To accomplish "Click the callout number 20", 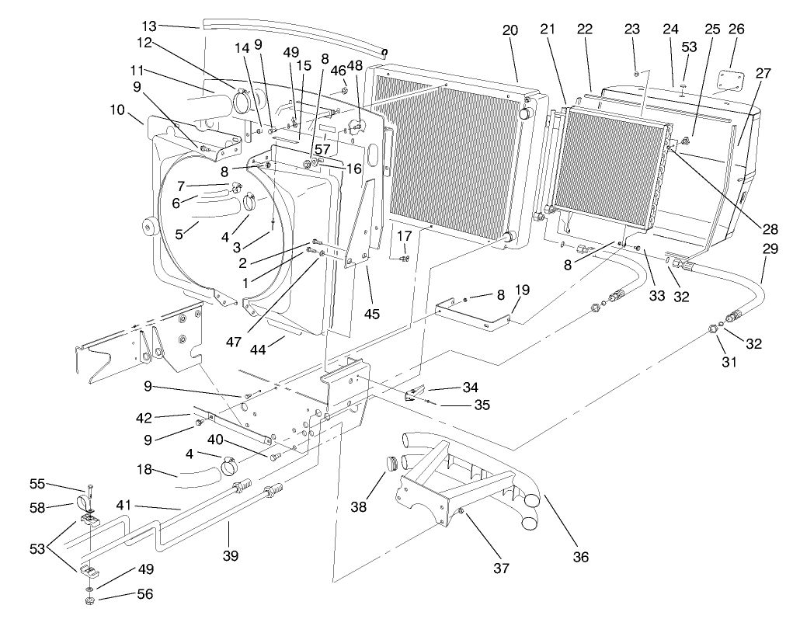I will (510, 30).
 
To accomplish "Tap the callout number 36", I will (581, 556).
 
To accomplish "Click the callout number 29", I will (770, 250).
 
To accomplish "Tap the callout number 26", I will (736, 30).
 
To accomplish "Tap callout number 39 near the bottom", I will (230, 555).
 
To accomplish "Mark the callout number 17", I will (404, 236).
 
